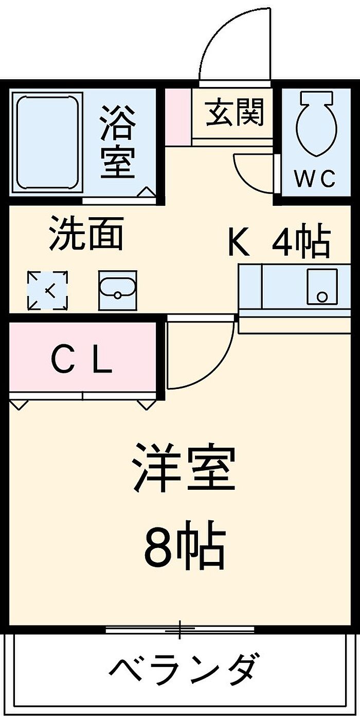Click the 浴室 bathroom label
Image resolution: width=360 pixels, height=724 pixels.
118,142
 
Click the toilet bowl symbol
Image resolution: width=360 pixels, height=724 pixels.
317,123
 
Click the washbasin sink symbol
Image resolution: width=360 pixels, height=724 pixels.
117,290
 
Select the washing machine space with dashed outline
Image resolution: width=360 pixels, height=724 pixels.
47,291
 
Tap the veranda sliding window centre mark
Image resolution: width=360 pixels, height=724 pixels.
180,628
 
